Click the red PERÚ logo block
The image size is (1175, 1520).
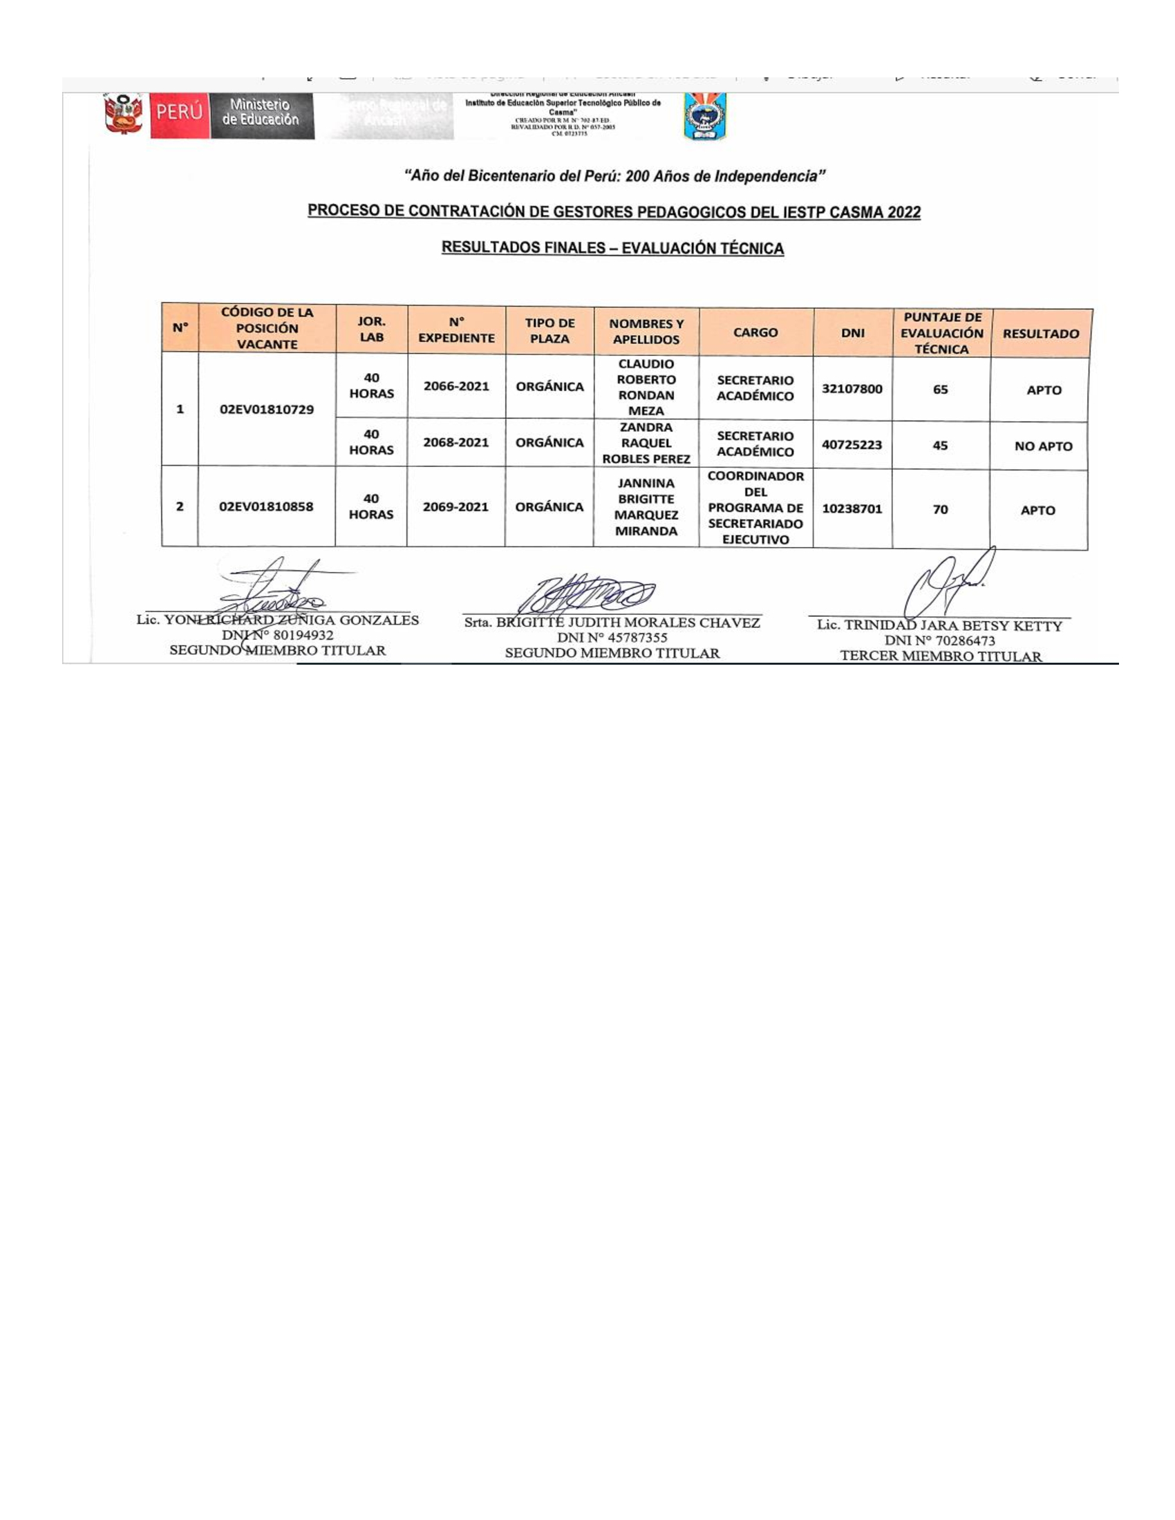click(x=180, y=112)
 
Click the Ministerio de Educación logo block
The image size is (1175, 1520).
click(x=261, y=113)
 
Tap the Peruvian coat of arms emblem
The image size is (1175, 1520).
click(x=123, y=113)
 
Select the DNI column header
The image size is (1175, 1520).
click(x=853, y=334)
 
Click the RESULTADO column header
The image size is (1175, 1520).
click(x=1041, y=334)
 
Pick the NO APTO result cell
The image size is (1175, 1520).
click(x=1043, y=447)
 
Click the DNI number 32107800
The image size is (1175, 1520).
click(x=852, y=389)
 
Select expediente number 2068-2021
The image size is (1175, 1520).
click(x=456, y=443)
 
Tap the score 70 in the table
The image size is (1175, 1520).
click(x=941, y=510)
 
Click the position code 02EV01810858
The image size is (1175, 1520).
click(x=266, y=507)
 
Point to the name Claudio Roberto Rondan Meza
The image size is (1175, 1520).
click(x=646, y=388)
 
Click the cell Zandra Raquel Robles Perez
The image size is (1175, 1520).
click(x=646, y=444)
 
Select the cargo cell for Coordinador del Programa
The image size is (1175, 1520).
click(x=755, y=508)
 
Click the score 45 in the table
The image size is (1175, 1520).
click(x=940, y=446)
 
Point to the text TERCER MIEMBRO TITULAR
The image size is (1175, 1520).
click(x=941, y=656)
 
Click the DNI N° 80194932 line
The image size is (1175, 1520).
click(x=278, y=636)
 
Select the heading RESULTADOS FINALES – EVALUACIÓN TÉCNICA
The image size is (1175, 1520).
click(x=612, y=249)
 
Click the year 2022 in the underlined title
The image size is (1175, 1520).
click(x=903, y=212)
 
